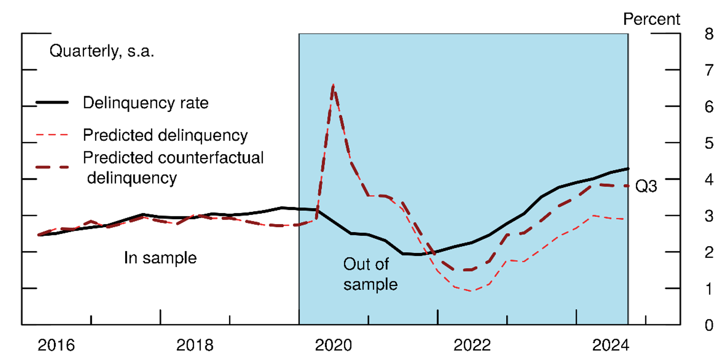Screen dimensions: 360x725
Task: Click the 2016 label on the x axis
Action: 56,345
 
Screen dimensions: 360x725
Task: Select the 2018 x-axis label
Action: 194,345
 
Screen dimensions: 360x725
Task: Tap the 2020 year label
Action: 333,345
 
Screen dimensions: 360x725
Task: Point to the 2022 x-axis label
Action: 472,345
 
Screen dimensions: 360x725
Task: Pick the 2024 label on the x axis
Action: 610,345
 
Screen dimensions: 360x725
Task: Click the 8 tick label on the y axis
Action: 709,34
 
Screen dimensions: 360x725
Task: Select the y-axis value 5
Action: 709,143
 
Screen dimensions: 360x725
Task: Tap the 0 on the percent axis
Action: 709,325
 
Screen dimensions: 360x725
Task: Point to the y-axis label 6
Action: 709,107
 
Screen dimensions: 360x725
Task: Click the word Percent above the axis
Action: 651,19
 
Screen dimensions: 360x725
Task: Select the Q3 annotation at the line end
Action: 646,186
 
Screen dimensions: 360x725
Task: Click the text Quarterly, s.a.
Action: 102,51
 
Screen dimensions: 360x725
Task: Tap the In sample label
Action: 160,258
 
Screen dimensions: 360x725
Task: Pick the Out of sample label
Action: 370,274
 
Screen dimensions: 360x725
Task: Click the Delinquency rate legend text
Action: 146,103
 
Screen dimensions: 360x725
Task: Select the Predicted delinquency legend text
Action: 165,135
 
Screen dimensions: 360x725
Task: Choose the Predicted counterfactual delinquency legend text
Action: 173,168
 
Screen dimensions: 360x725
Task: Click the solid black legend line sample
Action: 52,103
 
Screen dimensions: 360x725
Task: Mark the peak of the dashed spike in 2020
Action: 333,84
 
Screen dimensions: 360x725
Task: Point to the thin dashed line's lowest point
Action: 471,291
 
